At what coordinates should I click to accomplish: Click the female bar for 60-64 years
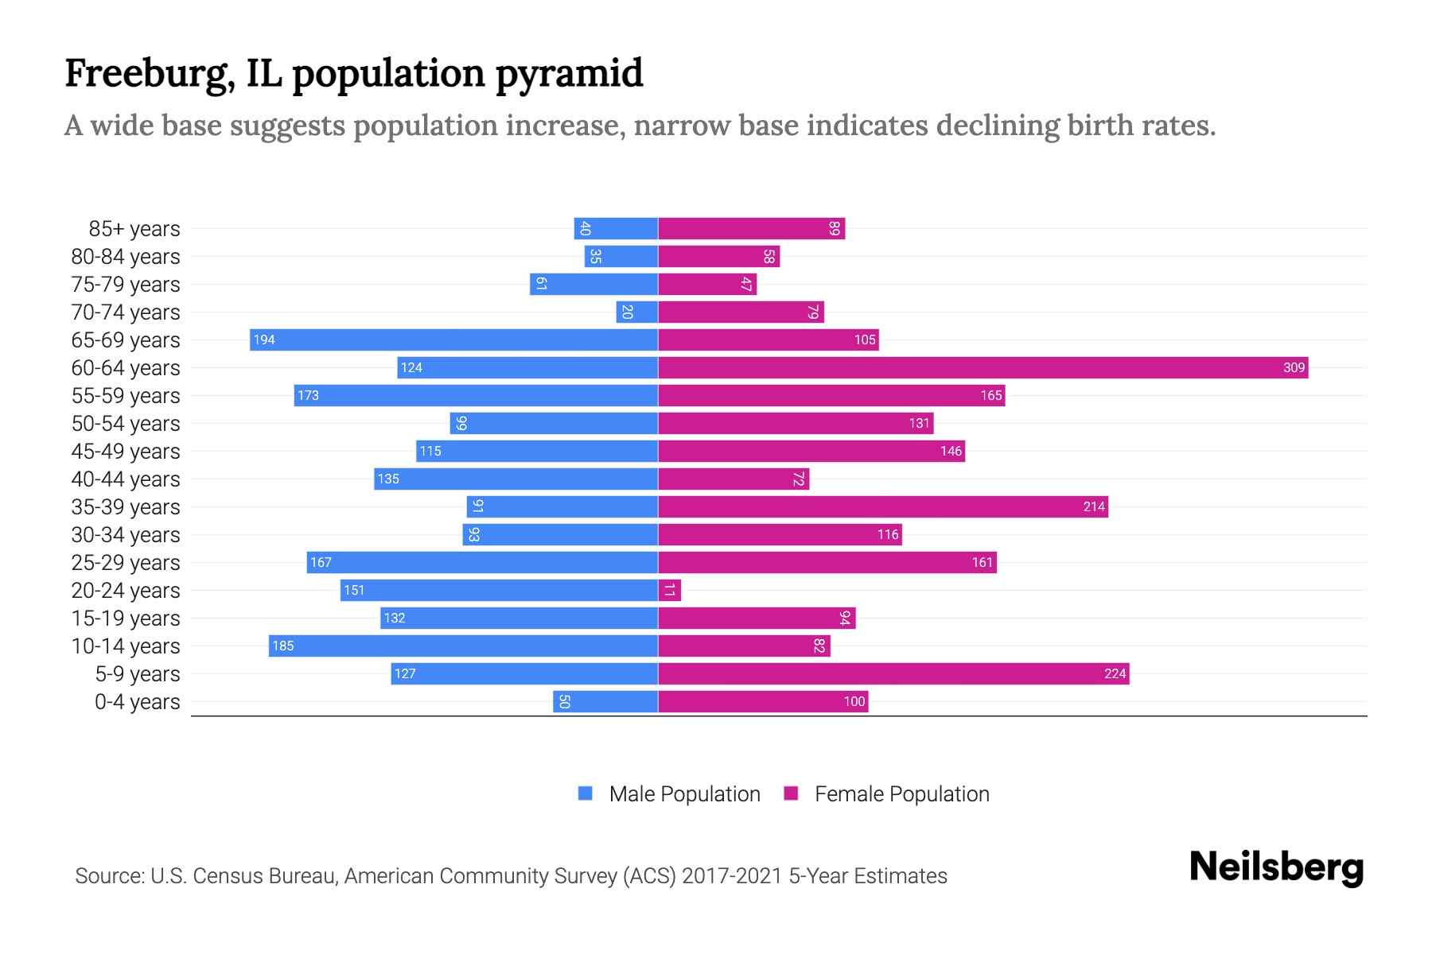click(983, 367)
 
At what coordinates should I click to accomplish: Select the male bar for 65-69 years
click(453, 339)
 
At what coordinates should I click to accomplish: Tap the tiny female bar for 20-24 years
click(669, 590)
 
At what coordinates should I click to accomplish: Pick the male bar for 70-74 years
click(636, 312)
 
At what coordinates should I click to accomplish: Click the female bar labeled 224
click(893, 673)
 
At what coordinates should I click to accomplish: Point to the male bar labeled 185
click(463, 646)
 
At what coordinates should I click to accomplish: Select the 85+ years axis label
click(134, 229)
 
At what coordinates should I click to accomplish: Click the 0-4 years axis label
click(137, 702)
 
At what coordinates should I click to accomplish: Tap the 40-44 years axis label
click(126, 479)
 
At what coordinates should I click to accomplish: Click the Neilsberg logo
click(1276, 867)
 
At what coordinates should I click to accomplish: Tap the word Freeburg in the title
click(149, 74)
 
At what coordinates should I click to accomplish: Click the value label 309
click(1294, 367)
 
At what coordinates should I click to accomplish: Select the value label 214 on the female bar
click(1094, 506)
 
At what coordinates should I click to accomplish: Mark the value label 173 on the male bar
click(308, 395)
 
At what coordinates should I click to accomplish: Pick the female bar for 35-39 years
click(883, 506)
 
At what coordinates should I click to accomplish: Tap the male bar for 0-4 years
click(605, 701)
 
